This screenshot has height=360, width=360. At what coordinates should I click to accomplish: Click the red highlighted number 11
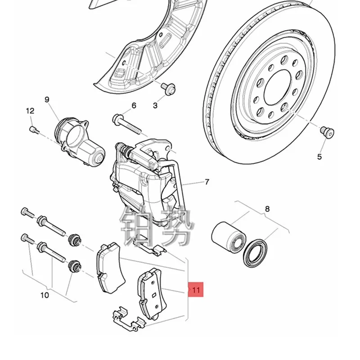(x=196, y=290)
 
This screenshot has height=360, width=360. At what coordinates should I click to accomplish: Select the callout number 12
(x=30, y=111)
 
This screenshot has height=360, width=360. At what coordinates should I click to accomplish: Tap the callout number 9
(x=47, y=100)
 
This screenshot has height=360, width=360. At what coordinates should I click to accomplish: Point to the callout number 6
(x=133, y=106)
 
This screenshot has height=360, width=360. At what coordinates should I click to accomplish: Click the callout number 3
(x=155, y=106)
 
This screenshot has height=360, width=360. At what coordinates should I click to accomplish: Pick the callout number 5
(x=319, y=157)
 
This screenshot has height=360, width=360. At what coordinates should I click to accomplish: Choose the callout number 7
(x=207, y=182)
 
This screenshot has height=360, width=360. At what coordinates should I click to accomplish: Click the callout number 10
(x=44, y=296)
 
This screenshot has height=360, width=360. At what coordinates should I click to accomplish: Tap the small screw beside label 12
(x=33, y=130)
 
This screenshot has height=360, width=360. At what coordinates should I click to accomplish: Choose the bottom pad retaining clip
(x=128, y=317)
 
